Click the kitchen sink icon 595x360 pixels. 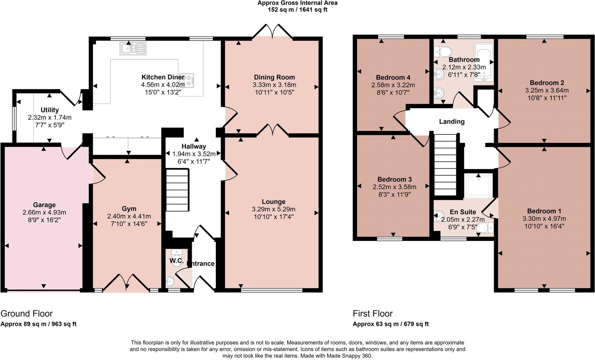[x=133, y=48]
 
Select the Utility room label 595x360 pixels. [x=50, y=110]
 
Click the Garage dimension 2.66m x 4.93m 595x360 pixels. [x=44, y=213]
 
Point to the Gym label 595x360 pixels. [x=129, y=209]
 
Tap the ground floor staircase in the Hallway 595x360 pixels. [x=177, y=190]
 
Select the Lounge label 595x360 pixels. [x=273, y=202]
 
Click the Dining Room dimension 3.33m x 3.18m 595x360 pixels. [x=274, y=85]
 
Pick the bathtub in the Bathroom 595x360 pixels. [x=483, y=62]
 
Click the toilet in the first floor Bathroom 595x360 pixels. [x=442, y=52]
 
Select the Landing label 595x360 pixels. [x=451, y=122]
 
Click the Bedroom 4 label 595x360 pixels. [x=393, y=78]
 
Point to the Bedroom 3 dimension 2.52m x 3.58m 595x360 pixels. [x=394, y=187]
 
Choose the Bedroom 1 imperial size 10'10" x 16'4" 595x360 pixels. [x=544, y=226]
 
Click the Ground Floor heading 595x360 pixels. [x=26, y=314]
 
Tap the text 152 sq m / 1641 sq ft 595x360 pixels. [x=297, y=10]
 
